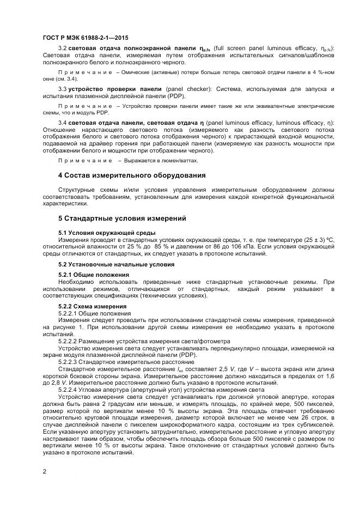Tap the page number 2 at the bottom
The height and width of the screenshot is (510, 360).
(x=44, y=472)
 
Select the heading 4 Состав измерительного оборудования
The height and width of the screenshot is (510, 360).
(x=132, y=175)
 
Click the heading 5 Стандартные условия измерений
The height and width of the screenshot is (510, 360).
(x=122, y=218)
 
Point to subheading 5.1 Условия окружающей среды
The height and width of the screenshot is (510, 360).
(x=100, y=233)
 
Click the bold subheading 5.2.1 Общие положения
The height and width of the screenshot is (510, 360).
(x=93, y=275)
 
